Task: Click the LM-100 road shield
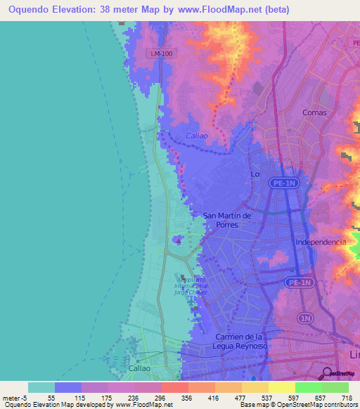tap(162, 53)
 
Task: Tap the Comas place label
tap(314, 112)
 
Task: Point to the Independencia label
tap(321, 242)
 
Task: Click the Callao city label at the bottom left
tap(139, 368)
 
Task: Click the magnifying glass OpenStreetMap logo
tap(328, 373)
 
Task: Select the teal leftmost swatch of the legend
tap(41, 387)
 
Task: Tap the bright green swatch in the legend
tap(308, 387)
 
